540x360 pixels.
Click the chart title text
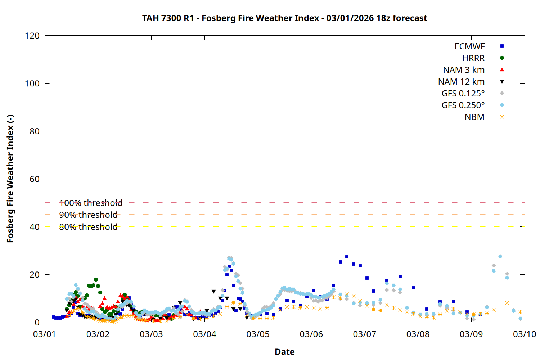click(284, 18)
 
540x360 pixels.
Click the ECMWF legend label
click(469, 46)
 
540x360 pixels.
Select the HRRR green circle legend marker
click(502, 58)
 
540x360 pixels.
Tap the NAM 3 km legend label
click(464, 70)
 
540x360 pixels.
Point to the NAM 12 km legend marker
click(502, 82)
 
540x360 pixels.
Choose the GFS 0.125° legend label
click(463, 94)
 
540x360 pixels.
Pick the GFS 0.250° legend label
click(463, 105)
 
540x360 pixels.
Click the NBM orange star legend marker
click(502, 117)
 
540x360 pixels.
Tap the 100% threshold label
click(91, 203)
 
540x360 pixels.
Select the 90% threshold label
click(88, 215)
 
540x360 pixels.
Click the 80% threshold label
click(88, 227)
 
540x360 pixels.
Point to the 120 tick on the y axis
click(32, 36)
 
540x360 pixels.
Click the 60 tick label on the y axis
click(35, 179)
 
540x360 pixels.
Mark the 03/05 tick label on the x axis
click(258, 334)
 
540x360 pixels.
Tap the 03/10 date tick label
click(525, 334)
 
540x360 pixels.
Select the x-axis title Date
click(284, 352)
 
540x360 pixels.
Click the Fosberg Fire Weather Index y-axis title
click(10, 179)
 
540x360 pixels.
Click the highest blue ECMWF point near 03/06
click(347, 257)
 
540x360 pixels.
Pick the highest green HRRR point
click(96, 279)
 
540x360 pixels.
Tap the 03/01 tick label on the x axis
click(45, 334)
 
